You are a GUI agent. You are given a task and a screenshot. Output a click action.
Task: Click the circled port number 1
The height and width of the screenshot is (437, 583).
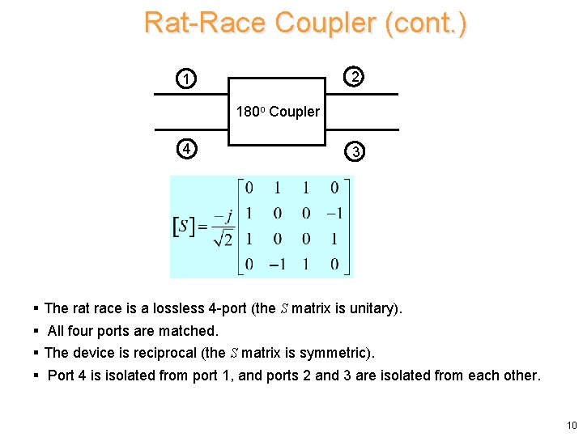click(187, 79)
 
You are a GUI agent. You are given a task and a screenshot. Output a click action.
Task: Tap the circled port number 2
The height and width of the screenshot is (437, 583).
click(353, 77)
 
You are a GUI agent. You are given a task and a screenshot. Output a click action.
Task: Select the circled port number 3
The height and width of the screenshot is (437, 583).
click(353, 151)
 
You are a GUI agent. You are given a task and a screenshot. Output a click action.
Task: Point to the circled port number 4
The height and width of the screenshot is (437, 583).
click(187, 149)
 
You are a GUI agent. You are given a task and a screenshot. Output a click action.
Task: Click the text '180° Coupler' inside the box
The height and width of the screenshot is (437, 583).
click(278, 112)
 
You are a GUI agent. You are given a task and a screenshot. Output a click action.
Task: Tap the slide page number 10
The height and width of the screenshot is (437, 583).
click(572, 426)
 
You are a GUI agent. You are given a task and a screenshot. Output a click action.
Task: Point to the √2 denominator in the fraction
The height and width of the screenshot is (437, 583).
click(223, 239)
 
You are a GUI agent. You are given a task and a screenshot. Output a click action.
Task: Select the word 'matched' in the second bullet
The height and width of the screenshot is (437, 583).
click(191, 330)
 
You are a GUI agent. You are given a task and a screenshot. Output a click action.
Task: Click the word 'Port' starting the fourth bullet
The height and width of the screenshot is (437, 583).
click(62, 375)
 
